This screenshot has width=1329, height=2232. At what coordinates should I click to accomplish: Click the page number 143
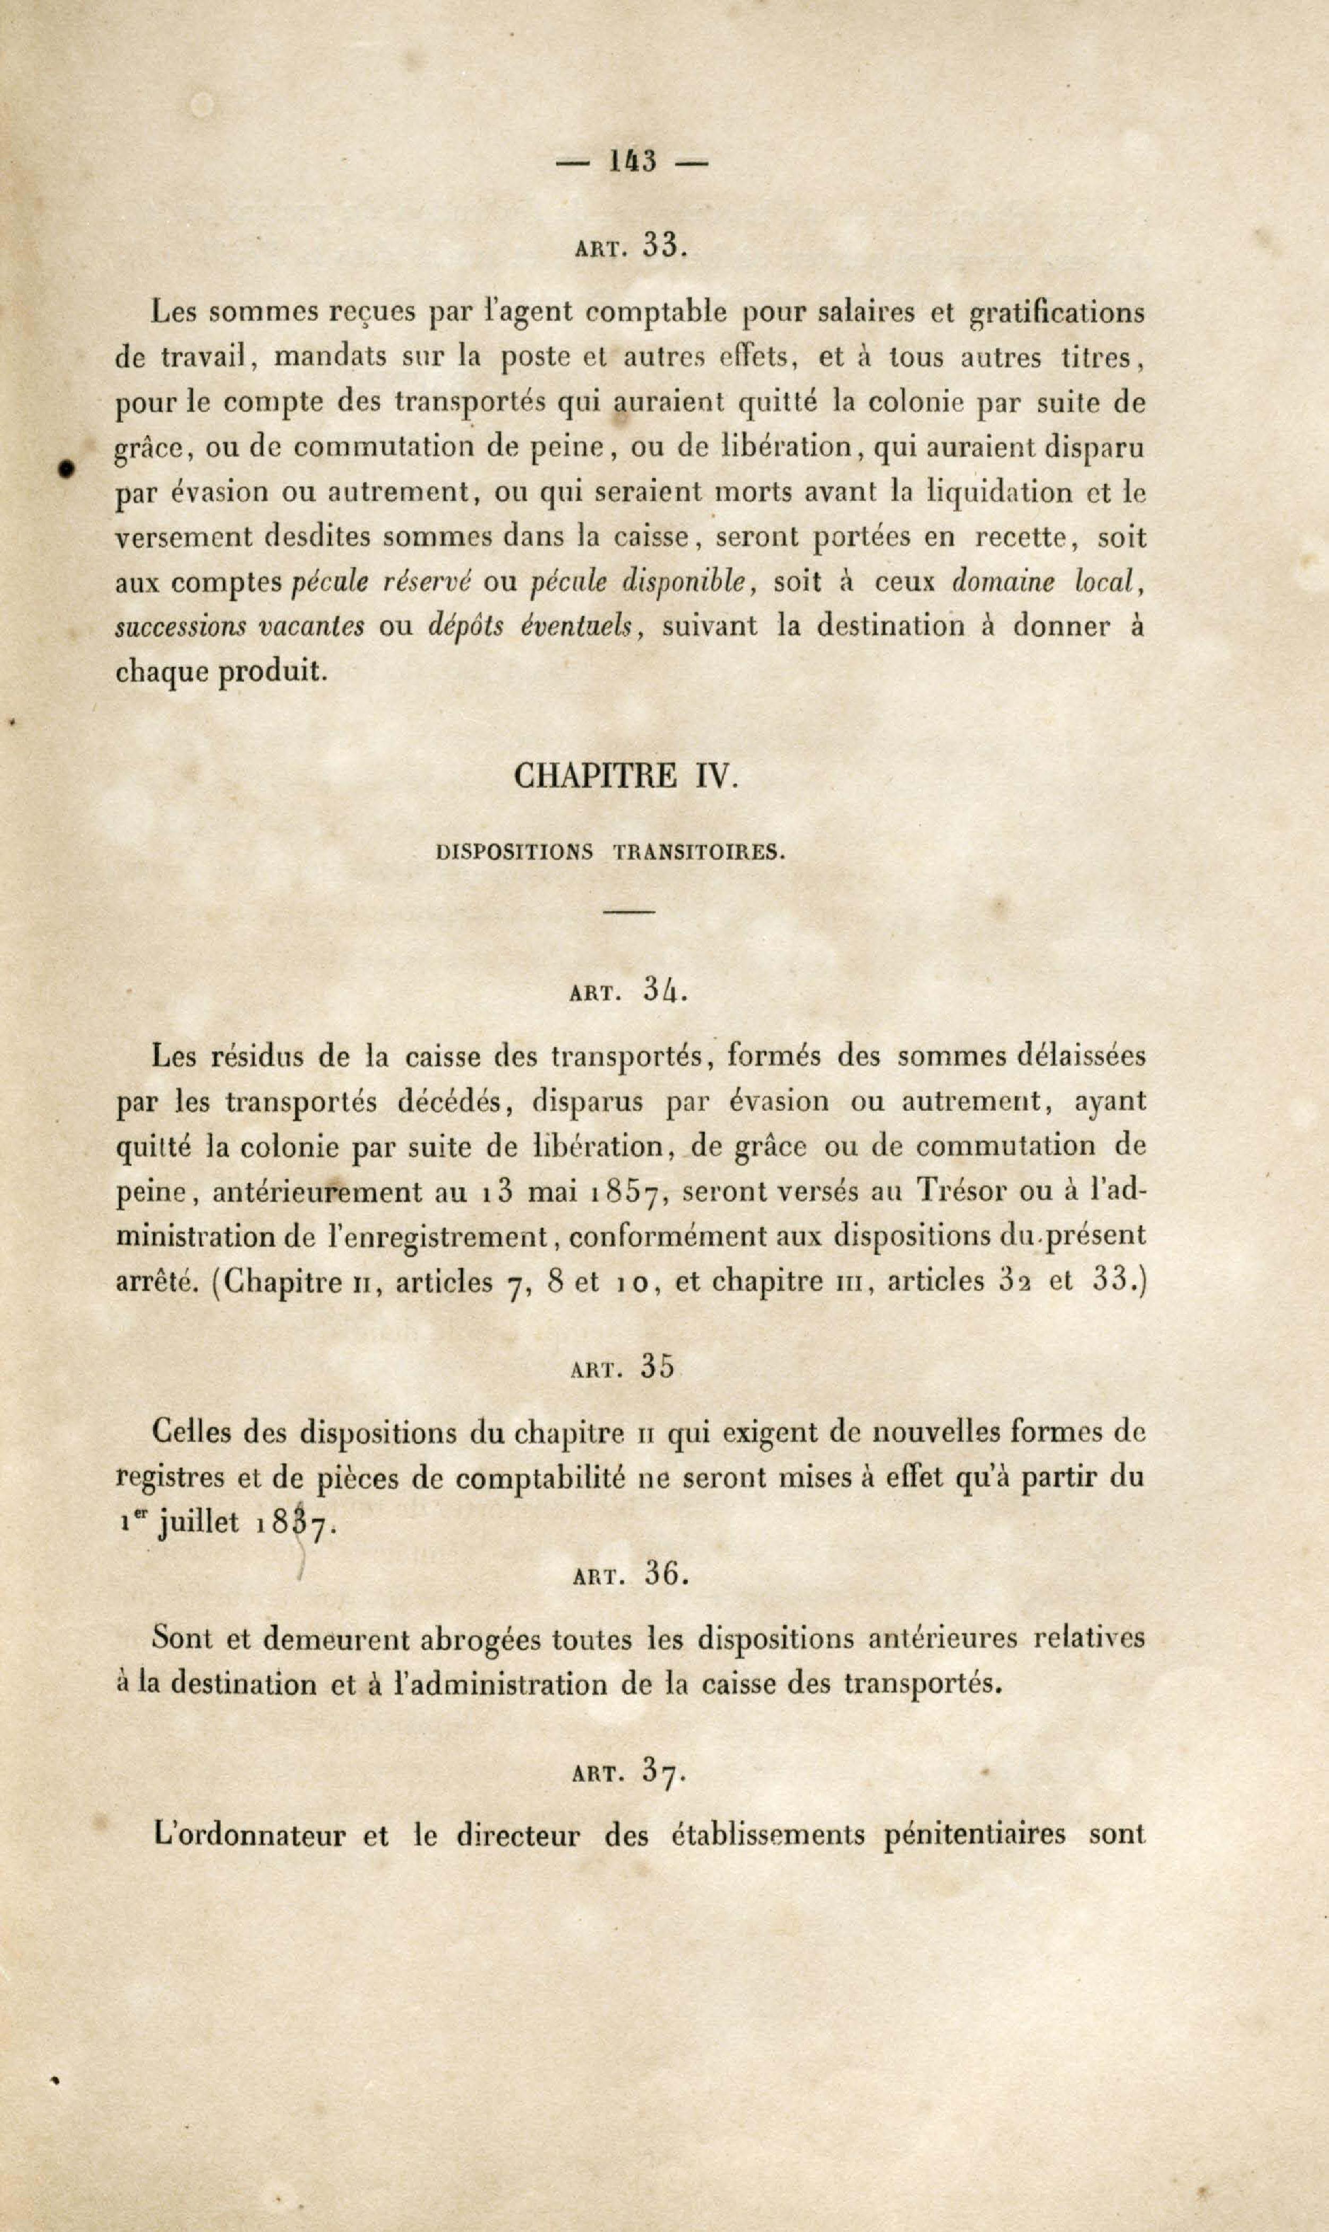[632, 162]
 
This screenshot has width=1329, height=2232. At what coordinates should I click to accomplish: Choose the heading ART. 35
[622, 1367]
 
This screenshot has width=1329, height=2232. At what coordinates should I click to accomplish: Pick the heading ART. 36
[629, 1575]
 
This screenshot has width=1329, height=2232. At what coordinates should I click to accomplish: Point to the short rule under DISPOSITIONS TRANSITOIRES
[629, 911]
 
